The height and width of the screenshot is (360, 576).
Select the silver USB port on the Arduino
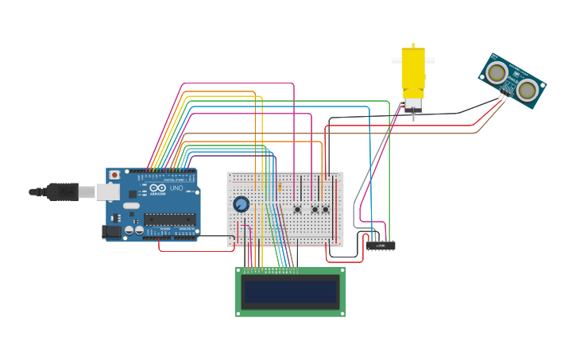click(x=107, y=192)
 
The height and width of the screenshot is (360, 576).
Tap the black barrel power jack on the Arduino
click(x=112, y=231)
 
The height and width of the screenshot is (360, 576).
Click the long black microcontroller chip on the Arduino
click(x=169, y=219)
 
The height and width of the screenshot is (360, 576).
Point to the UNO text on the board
click(x=176, y=188)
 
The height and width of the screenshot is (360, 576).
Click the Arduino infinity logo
click(x=157, y=188)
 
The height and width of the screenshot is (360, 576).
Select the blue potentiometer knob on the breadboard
click(x=241, y=204)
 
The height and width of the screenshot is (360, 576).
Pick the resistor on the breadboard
click(x=280, y=187)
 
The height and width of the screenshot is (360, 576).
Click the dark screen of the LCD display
click(x=290, y=292)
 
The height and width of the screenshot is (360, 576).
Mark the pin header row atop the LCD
click(x=271, y=269)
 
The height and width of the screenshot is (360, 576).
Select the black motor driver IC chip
click(x=381, y=246)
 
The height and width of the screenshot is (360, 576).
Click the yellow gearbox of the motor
click(x=412, y=72)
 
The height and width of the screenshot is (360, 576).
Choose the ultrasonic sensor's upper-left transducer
click(x=497, y=73)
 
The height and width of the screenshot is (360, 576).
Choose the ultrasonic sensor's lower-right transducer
click(x=527, y=91)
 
